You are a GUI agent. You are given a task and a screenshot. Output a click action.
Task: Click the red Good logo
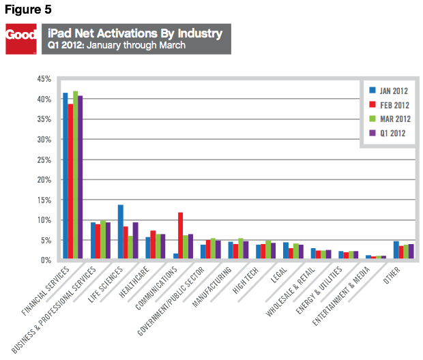click(x=20, y=39)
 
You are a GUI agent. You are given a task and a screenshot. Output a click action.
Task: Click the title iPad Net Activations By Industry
click(x=135, y=33)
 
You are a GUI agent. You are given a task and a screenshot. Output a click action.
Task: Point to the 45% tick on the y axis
click(x=44, y=79)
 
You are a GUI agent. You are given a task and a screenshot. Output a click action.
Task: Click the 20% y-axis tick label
click(x=44, y=180)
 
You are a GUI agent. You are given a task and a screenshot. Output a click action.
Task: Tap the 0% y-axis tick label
click(x=46, y=260)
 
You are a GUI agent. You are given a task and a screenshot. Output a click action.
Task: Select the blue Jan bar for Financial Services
click(x=65, y=177)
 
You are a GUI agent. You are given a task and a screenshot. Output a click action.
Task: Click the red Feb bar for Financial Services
click(x=71, y=182)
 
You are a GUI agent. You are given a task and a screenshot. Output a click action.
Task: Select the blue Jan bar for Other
click(x=396, y=251)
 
